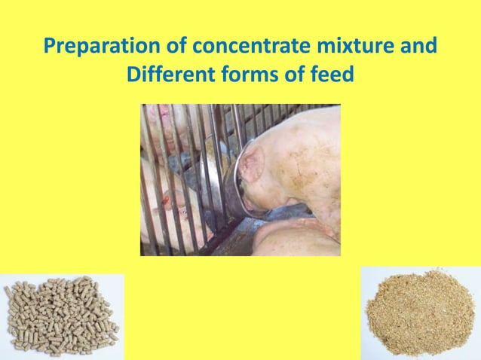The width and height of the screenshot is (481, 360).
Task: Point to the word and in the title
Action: pyautogui.click(x=416, y=47)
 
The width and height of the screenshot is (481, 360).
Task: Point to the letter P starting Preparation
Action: pyautogui.click(x=51, y=47)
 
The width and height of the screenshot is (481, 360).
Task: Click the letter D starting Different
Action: pyautogui.click(x=133, y=77)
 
